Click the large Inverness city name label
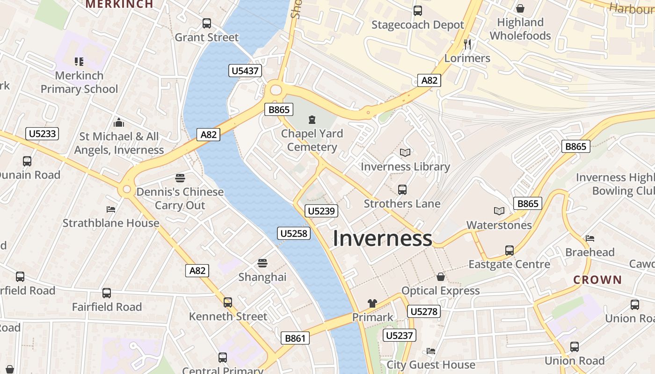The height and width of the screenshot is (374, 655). pos(382,238)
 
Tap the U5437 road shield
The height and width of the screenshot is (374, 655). pos(245,71)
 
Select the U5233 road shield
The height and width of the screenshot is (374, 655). pos(42,134)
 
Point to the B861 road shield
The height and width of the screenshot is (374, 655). pos(295,338)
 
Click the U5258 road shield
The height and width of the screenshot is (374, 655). pos(294,233)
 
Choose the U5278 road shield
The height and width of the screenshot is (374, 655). pos(424,311)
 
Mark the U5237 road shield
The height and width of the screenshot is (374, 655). pos(400,335)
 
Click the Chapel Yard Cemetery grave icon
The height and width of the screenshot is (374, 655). pos(312,120)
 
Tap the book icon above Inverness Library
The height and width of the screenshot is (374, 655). pos(405,153)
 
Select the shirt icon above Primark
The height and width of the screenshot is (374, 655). pos(372,303)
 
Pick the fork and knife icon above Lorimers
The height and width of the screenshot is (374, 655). pos(467,44)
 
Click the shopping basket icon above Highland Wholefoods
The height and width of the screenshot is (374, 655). pos(520,8)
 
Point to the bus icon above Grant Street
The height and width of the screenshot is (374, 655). pos(206,23)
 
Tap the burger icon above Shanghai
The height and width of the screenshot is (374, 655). pos(262,263)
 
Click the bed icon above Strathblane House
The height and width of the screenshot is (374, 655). pos(111,209)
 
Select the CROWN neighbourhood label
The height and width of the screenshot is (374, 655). pos(597,280)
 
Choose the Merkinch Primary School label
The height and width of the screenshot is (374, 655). pos(79,82)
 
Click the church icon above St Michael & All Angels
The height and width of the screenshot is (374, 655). pos(119,122)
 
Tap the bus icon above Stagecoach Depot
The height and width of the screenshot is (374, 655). pos(417,11)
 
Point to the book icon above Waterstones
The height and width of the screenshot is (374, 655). pos(499,211)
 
